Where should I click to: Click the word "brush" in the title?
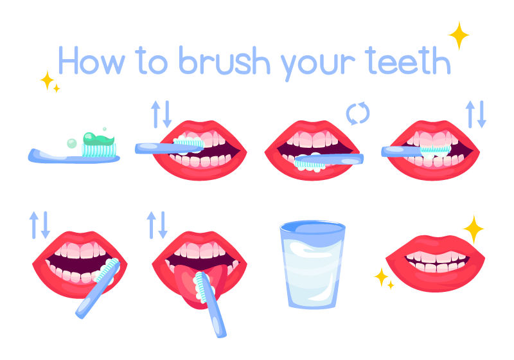coord(224,60)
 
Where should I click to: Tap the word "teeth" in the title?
coord(408,60)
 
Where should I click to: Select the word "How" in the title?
coord(91,60)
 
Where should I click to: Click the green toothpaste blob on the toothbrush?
coord(99,138)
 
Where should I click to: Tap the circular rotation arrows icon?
coord(358,113)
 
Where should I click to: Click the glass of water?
coord(312,264)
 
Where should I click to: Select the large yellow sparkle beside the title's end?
coord(459,35)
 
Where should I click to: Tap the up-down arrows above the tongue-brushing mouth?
coord(157,225)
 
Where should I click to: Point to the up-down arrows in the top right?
coord(476,114)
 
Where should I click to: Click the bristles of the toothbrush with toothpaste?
coord(99,150)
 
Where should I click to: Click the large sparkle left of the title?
coord(47,80)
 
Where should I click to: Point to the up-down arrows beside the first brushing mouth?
coord(161,114)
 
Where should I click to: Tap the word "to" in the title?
coord(152,60)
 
